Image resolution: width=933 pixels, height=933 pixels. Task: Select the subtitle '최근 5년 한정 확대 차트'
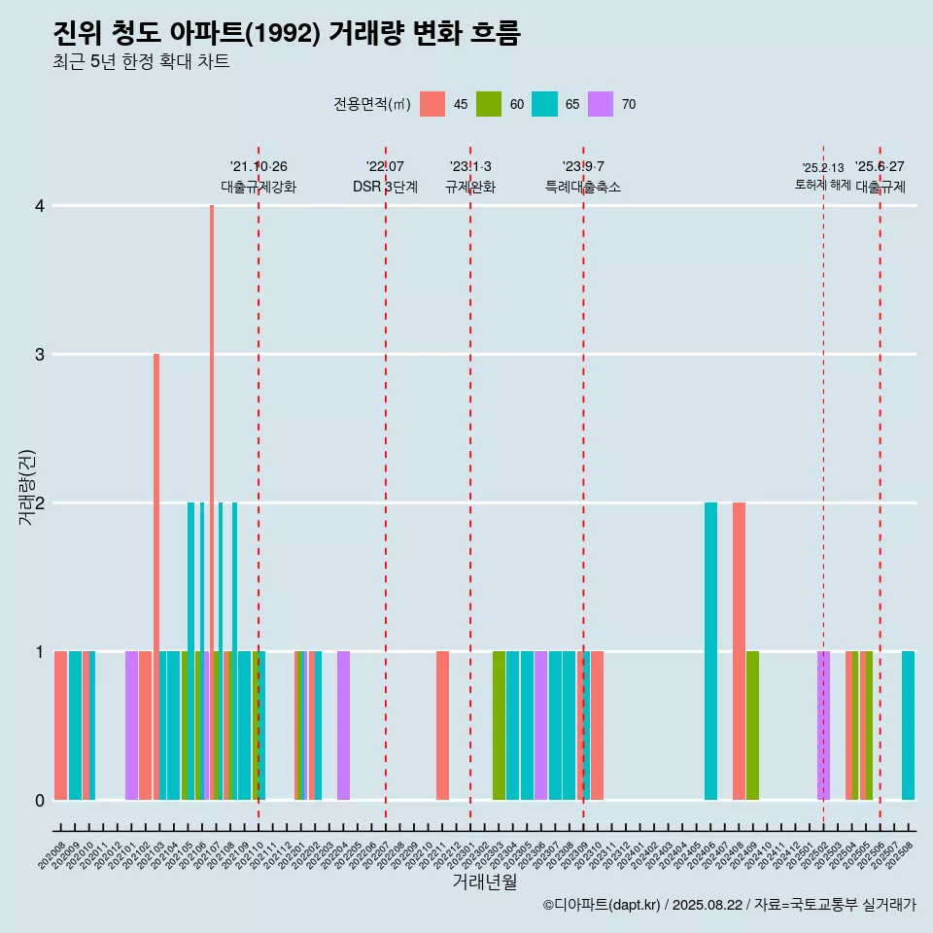141,63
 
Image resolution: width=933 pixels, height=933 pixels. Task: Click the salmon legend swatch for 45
432,104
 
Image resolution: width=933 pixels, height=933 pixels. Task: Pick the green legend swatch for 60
489,104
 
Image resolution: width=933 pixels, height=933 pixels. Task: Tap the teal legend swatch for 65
545,104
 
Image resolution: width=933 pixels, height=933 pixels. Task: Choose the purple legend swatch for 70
602,104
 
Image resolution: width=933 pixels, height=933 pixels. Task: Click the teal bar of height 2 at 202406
710,651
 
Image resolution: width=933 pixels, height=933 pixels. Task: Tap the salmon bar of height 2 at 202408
739,651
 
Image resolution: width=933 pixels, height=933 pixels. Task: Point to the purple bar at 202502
823,725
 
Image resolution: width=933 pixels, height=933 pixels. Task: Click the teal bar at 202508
908,725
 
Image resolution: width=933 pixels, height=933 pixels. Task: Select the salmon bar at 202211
442,725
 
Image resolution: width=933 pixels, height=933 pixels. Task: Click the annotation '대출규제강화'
259,187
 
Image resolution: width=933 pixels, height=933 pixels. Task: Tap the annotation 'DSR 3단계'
385,187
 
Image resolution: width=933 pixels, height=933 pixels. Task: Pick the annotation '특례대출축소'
583,187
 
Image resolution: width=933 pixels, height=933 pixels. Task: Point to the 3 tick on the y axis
40,355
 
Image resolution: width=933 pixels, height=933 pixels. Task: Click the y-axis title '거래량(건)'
27,487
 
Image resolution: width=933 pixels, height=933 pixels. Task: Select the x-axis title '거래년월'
484,881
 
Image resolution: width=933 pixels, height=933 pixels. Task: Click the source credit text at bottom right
729,905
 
